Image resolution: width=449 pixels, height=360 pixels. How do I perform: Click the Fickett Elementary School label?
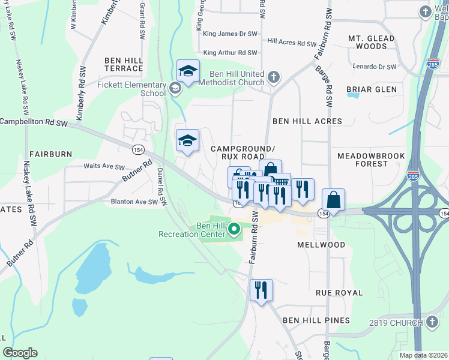point(131,89)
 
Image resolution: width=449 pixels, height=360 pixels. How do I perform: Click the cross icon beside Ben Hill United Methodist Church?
point(274,77)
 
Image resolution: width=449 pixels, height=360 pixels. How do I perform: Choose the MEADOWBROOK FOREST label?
point(371,159)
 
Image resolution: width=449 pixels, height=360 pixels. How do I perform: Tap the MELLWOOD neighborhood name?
point(321,245)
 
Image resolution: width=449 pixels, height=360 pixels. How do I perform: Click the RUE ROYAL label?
point(339,293)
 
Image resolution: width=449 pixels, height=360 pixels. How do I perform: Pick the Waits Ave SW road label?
point(104,167)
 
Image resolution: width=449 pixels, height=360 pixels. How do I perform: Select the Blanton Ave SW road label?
point(134,202)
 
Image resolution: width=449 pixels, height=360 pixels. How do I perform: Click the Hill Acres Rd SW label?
point(292,43)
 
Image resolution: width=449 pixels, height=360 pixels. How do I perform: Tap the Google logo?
point(20,353)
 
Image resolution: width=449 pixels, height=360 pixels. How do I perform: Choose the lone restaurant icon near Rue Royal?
point(261,290)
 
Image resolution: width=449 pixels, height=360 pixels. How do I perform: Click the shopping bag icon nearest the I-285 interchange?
point(333,200)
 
